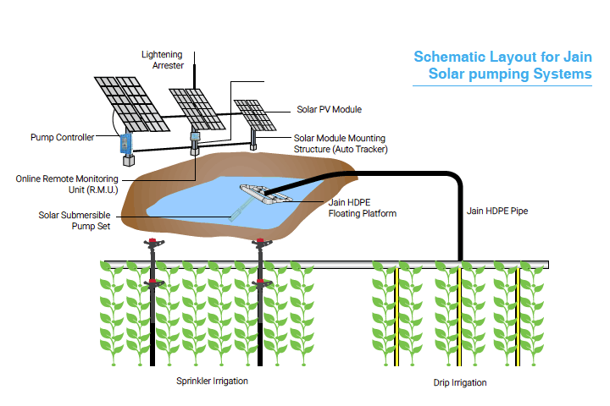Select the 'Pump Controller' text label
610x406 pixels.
(62, 137)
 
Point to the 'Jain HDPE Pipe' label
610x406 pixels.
(497, 211)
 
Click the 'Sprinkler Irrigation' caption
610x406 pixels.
(212, 381)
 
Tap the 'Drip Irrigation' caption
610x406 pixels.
(459, 383)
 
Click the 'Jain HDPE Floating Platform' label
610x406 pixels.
(362, 208)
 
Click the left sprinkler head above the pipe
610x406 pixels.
(152, 243)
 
